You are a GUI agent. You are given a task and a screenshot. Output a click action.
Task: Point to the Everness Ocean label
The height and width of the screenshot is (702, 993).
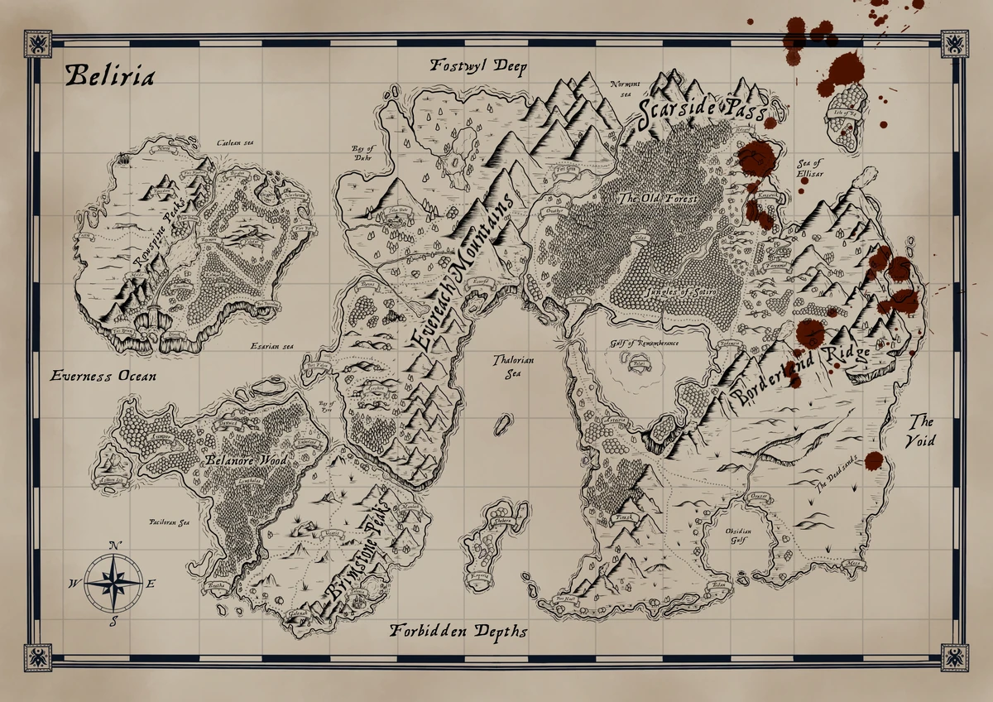[x=103, y=376]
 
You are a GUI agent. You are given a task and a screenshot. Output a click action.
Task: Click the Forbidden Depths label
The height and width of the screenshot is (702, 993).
[x=458, y=632]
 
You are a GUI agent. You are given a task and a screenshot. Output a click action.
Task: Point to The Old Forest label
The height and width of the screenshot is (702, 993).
[x=659, y=199]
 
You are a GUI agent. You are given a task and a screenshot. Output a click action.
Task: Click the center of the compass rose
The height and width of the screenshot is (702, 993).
[x=113, y=583]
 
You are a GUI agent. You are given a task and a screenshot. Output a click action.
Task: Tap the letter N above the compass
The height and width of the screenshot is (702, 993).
[x=114, y=545]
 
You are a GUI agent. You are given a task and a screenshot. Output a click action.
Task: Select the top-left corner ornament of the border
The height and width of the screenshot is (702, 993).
[x=38, y=44]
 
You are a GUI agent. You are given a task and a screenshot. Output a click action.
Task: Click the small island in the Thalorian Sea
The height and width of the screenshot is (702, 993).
[x=502, y=425]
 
